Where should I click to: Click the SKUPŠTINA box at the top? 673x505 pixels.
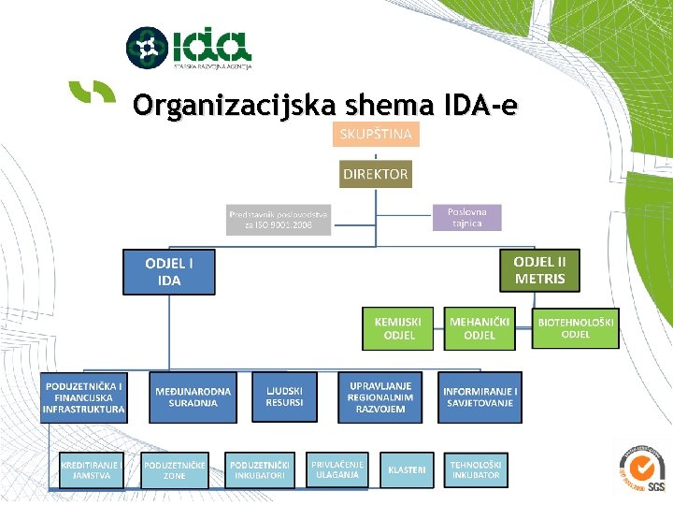[376, 134]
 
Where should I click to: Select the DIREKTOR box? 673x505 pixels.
[375, 174]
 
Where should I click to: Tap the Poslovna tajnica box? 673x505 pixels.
[465, 217]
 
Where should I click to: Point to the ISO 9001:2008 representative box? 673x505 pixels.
[279, 220]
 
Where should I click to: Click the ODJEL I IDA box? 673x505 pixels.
[169, 272]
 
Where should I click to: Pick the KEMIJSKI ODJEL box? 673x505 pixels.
[399, 328]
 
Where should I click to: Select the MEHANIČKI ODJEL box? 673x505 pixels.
[479, 328]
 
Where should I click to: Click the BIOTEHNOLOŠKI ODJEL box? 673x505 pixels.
[576, 328]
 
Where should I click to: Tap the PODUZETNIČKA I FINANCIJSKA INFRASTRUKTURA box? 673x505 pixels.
[83, 397]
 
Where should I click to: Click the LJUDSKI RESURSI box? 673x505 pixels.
[284, 397]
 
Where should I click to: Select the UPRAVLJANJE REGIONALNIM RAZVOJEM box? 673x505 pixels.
[379, 397]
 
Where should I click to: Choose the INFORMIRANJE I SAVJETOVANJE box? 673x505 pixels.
[480, 397]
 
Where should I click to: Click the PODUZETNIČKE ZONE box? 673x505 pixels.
[175, 469]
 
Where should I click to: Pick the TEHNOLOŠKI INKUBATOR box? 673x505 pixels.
[476, 469]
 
